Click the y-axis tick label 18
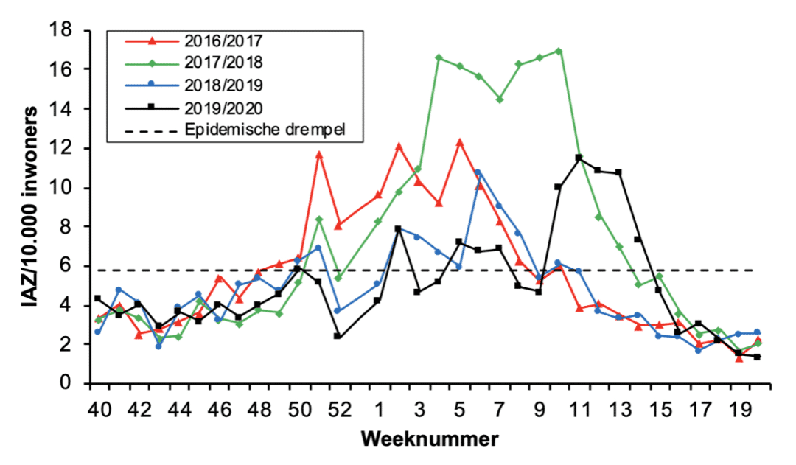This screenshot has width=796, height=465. pyautogui.click(x=61, y=30)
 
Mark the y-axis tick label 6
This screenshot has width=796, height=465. pyautogui.click(x=66, y=266)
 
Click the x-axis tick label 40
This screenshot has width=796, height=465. pyautogui.click(x=98, y=408)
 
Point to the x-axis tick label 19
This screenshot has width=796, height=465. pyautogui.click(x=738, y=408)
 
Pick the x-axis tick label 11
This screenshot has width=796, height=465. pyautogui.click(x=578, y=408)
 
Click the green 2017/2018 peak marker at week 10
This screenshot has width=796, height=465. pyautogui.click(x=559, y=51)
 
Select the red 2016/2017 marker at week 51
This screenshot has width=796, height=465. pyautogui.click(x=318, y=155)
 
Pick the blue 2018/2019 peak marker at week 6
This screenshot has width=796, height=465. pyautogui.click(x=478, y=172)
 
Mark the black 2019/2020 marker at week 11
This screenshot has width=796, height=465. pyautogui.click(x=579, y=158)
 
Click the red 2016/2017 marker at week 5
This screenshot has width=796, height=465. pyautogui.click(x=459, y=142)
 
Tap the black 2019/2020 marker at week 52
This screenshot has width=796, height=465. pyautogui.click(x=337, y=336)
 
